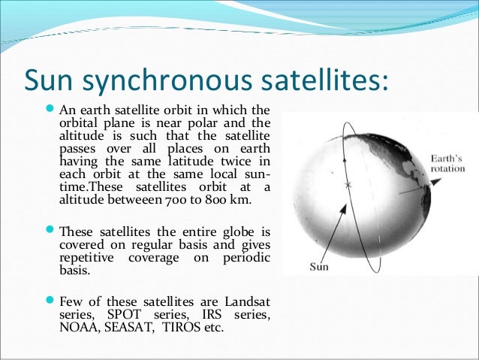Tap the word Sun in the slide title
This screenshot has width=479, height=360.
coord(52,79)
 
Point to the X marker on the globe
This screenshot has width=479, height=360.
coord(347,184)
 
